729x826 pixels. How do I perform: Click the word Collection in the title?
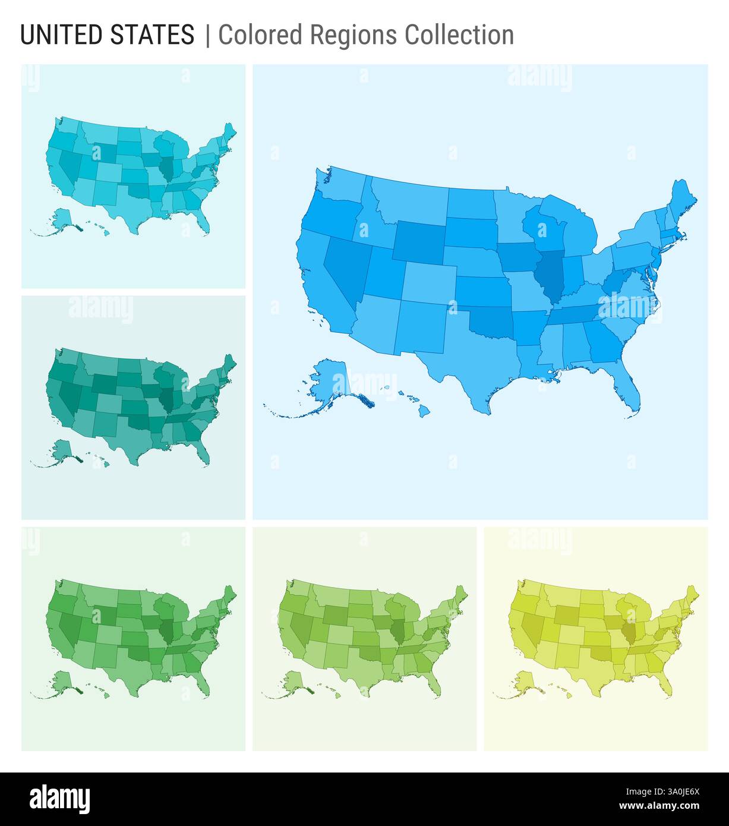click(459, 35)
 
